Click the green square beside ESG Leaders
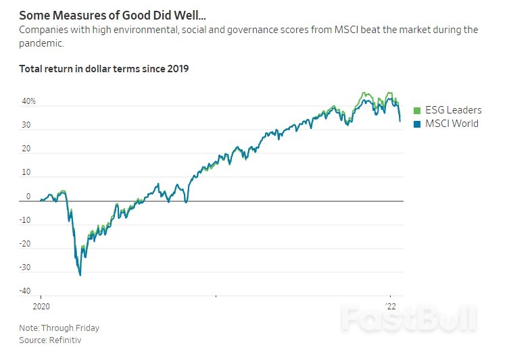click(x=417, y=110)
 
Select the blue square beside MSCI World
click(x=417, y=124)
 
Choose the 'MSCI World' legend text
click(x=451, y=124)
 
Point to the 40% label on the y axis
click(x=28, y=101)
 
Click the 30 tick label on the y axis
click(x=26, y=125)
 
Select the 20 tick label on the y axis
click(x=26, y=149)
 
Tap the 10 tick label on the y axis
click(x=26, y=173)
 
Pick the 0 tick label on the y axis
click(x=28, y=197)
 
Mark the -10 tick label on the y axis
click(x=25, y=220)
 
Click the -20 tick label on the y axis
click(x=25, y=244)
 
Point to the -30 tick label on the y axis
click(x=25, y=267)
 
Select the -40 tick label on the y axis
click(x=25, y=291)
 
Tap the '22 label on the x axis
click(x=391, y=305)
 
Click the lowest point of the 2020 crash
click(x=80, y=275)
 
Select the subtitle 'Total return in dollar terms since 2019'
click(x=103, y=69)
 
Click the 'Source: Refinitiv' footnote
click(x=51, y=340)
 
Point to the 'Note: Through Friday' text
click(x=59, y=328)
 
